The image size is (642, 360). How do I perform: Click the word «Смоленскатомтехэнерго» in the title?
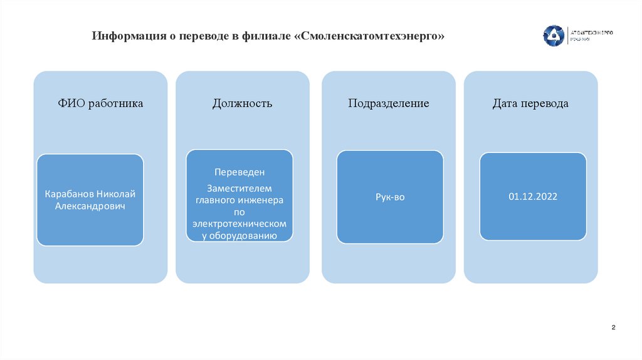(x=369, y=36)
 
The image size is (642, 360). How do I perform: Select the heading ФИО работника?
(x=101, y=103)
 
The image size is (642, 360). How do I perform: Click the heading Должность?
(x=243, y=103)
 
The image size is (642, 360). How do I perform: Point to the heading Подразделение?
(x=389, y=103)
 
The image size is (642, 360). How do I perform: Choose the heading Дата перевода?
(x=530, y=103)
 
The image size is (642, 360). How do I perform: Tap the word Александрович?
(x=90, y=206)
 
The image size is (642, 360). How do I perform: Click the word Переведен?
(x=239, y=172)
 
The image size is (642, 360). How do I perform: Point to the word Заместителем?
(x=239, y=188)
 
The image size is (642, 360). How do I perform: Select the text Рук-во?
(x=390, y=197)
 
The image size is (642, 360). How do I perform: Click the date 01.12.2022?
(x=533, y=196)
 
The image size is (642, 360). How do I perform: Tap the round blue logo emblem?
(x=554, y=35)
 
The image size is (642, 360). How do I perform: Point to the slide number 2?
(x=613, y=328)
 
